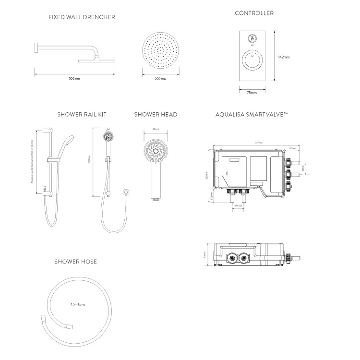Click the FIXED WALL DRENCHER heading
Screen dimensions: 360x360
pyautogui.click(x=82, y=17)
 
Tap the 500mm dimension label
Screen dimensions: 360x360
pyautogui.click(x=74, y=78)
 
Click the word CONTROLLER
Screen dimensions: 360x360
pyautogui.click(x=254, y=13)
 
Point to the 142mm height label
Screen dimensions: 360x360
pyautogui.click(x=284, y=57)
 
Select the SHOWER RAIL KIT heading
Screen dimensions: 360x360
pyautogui.click(x=82, y=114)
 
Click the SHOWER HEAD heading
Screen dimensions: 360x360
pyautogui.click(x=156, y=114)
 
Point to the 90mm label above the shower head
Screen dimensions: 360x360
pyautogui.click(x=156, y=129)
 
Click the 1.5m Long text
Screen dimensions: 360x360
pyautogui.click(x=77, y=304)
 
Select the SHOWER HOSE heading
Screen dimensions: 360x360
pyautogui.click(x=75, y=262)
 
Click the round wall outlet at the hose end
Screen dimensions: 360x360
pyautogui.click(x=126, y=192)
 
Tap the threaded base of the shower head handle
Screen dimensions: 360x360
pyautogui.click(x=155, y=197)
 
